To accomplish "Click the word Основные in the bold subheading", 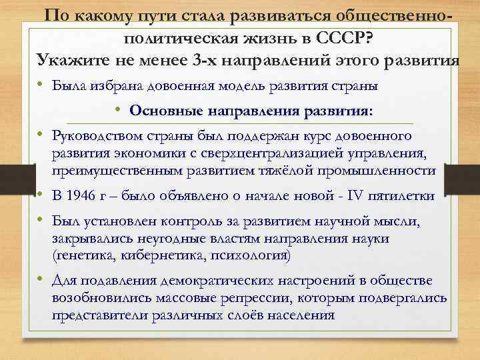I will (x=167, y=110).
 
